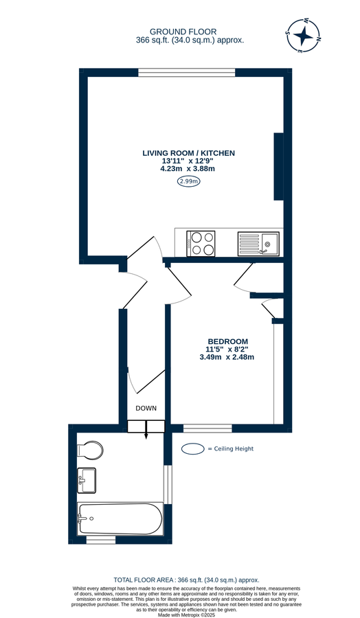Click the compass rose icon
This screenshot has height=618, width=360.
(x=302, y=36)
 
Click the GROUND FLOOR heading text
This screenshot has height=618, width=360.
(x=183, y=32)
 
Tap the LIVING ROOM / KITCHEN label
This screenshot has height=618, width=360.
(x=189, y=152)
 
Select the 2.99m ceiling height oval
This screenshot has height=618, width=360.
(x=188, y=181)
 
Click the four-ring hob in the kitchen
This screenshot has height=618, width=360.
(x=201, y=243)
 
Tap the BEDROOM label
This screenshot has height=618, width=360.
(x=228, y=341)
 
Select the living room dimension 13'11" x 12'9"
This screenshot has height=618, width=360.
(x=188, y=161)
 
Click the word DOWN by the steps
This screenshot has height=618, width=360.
(x=146, y=408)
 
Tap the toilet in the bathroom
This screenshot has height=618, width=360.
(x=90, y=450)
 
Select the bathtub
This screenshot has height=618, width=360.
(x=120, y=519)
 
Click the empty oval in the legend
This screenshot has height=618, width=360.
(x=193, y=449)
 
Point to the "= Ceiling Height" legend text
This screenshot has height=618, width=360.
(x=231, y=449)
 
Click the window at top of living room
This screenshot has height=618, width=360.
(x=187, y=71)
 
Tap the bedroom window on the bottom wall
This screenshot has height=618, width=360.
(x=207, y=428)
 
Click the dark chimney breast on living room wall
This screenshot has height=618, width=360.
(x=278, y=167)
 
